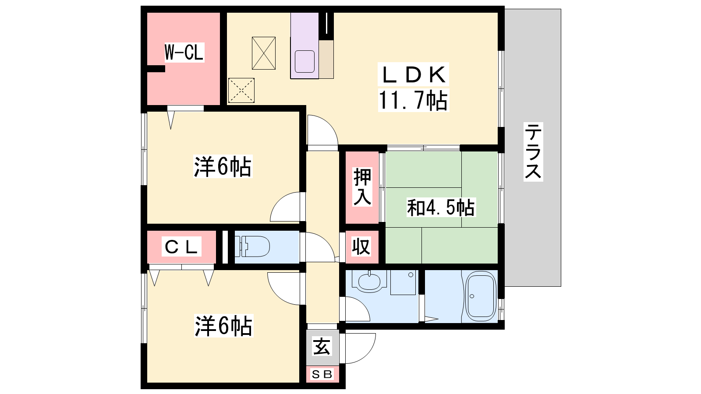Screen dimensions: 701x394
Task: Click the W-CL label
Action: click(184, 52)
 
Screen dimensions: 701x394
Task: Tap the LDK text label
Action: click(413, 75)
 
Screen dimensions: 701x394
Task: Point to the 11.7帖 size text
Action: click(413, 100)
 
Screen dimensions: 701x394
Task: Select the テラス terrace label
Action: click(533, 151)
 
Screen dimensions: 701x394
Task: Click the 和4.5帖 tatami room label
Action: click(441, 208)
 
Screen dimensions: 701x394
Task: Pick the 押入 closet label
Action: click(362, 187)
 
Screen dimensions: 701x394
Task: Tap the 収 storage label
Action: click(361, 246)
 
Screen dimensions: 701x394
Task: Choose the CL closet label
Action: click(181, 247)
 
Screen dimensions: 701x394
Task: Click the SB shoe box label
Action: click(322, 374)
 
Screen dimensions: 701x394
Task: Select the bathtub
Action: click(481, 296)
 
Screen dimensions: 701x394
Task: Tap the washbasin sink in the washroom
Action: click(369, 281)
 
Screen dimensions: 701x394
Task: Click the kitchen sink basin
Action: click(304, 62)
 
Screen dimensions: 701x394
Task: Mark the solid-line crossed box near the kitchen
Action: click(264, 53)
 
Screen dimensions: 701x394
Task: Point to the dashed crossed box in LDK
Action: click(241, 90)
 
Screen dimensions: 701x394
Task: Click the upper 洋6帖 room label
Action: click(223, 167)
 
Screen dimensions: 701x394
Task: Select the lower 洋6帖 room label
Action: click(223, 326)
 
